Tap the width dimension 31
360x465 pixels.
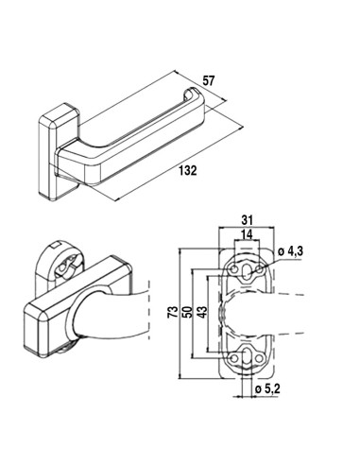coord(246,221)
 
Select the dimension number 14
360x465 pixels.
coord(246,235)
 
